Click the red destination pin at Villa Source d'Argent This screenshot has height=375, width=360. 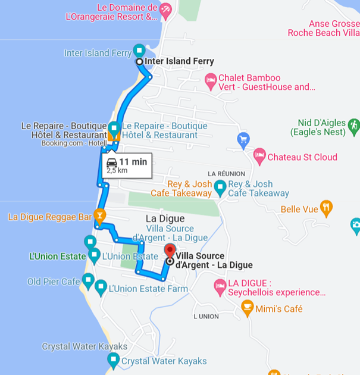170,250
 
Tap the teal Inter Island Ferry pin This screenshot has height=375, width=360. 139,50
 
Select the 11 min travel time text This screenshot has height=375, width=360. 133,161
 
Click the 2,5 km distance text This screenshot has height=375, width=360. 117,170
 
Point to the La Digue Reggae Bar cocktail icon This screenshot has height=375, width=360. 99,215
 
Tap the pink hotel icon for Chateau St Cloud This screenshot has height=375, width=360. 259,157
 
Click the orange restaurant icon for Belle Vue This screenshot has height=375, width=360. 326,208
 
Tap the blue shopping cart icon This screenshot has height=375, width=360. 243,140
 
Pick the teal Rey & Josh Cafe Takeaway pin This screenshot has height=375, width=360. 220,189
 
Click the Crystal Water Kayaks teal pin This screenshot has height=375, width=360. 113,360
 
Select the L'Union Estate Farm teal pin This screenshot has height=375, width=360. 101,287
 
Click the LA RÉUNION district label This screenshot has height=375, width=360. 227,173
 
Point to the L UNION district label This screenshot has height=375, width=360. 206,316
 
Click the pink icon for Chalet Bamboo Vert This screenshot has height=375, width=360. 210,81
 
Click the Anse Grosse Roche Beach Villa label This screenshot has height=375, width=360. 323,29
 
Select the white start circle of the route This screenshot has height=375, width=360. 139,61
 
